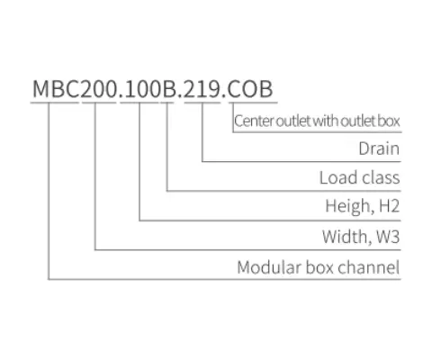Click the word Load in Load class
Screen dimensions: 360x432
[337, 177]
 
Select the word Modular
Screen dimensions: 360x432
[265, 267]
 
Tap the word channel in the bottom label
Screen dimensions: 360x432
[372, 267]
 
